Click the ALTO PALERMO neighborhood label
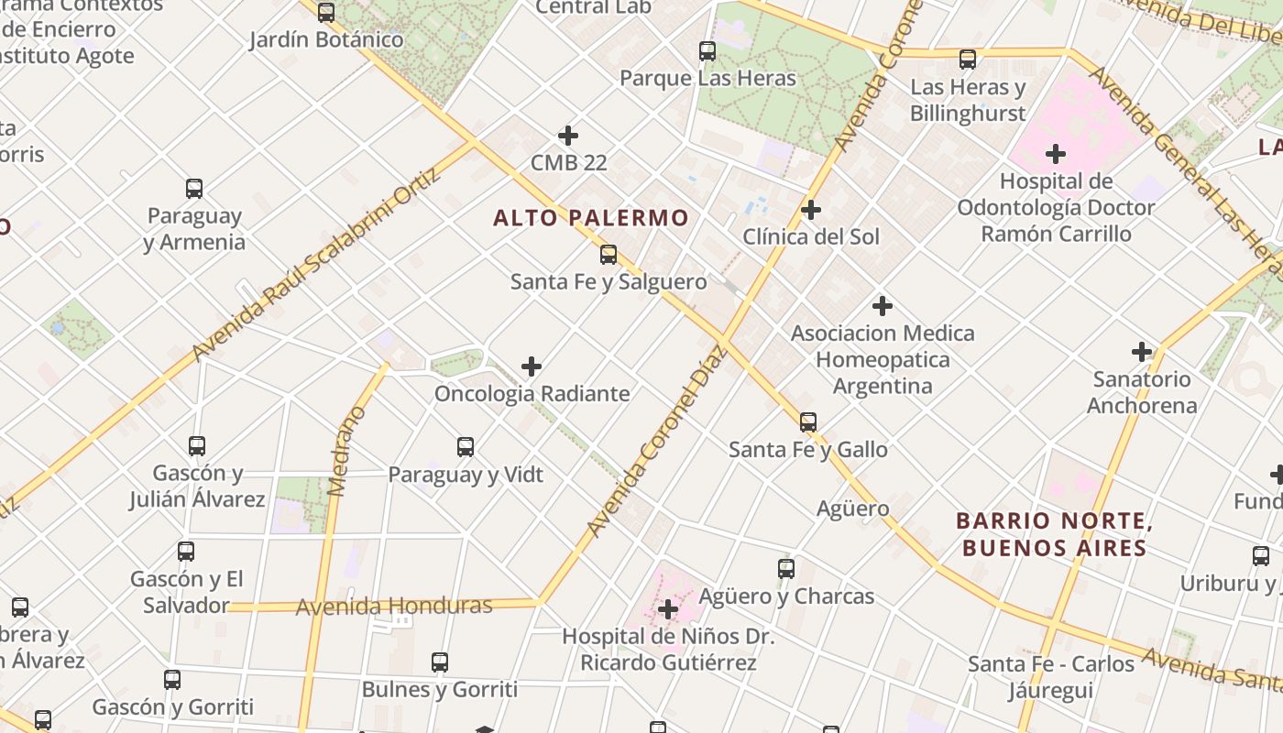coord(590,218)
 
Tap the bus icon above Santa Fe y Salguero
coord(608,255)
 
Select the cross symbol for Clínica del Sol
coord(810,210)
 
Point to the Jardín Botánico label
coord(326,40)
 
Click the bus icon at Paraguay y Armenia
coord(193,189)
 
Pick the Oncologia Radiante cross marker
coord(531,366)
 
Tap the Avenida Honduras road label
coord(394,606)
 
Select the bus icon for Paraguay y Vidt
coord(465,447)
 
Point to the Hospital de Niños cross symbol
coord(667,608)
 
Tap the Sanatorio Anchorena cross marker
coord(1141,351)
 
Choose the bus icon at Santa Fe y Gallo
coord(807,421)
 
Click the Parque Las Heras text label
coord(707,78)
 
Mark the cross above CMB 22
coord(567,136)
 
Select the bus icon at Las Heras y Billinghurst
coord(967,60)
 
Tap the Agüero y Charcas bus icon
coord(785,568)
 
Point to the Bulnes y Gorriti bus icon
coord(439,662)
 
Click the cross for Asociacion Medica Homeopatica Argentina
coord(882,305)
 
